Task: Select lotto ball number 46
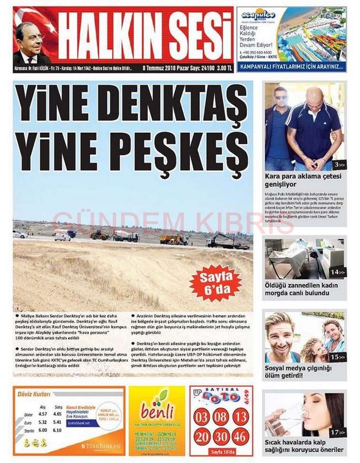(x=240, y=437)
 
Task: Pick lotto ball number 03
(x=202, y=417)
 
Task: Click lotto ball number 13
(x=240, y=417)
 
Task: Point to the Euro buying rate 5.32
(x=42, y=422)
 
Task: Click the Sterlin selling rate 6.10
(x=57, y=430)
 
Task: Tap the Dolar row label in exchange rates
(x=28, y=415)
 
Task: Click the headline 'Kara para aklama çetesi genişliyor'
(x=303, y=180)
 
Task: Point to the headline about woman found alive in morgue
(x=301, y=289)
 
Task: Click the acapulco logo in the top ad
(x=259, y=15)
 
